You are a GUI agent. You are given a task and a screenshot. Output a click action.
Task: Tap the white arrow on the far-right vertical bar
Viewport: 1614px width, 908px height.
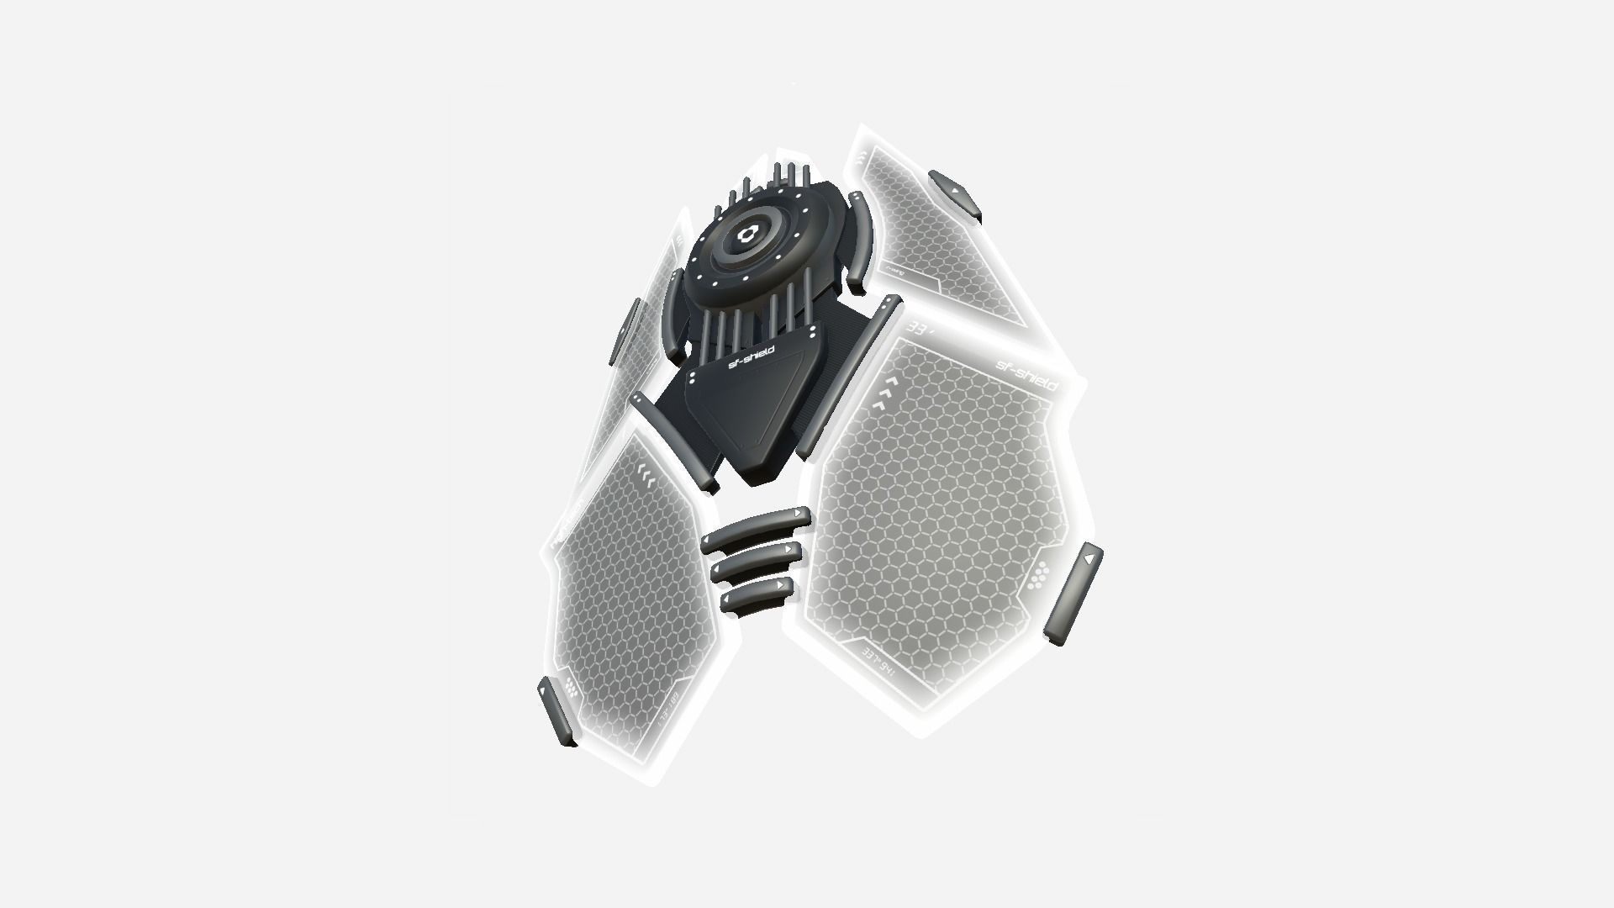1089,557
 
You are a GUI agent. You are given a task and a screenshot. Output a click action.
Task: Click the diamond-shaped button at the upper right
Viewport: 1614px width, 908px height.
955,194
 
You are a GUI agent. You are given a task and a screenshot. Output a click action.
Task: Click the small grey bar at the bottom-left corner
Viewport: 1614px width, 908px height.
558,711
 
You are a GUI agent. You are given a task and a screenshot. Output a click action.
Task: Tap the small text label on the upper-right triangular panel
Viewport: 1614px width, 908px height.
894,272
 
